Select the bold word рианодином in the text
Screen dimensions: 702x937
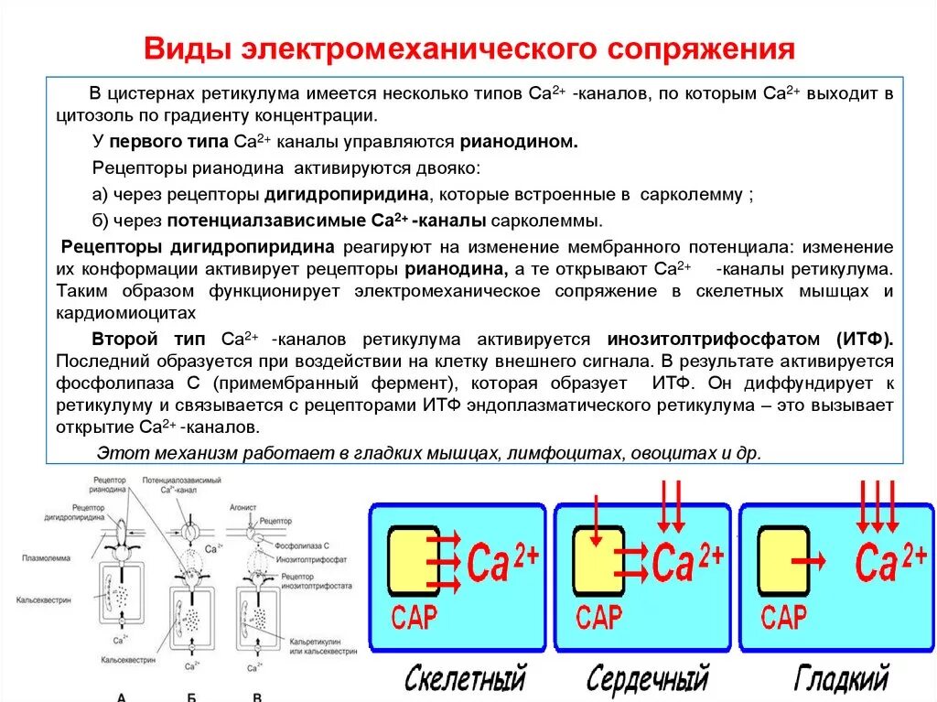pyautogui.click(x=518, y=142)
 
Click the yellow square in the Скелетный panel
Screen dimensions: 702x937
pyautogui.click(x=415, y=560)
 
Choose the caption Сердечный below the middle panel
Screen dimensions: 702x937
pyautogui.click(x=648, y=679)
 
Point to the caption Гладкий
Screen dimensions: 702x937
pyautogui.click(x=841, y=679)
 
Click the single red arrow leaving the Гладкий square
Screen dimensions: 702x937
pyautogui.click(x=809, y=560)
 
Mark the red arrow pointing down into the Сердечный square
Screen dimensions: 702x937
pyautogui.click(x=596, y=522)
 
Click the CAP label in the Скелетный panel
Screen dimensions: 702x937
pyautogui.click(x=415, y=617)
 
